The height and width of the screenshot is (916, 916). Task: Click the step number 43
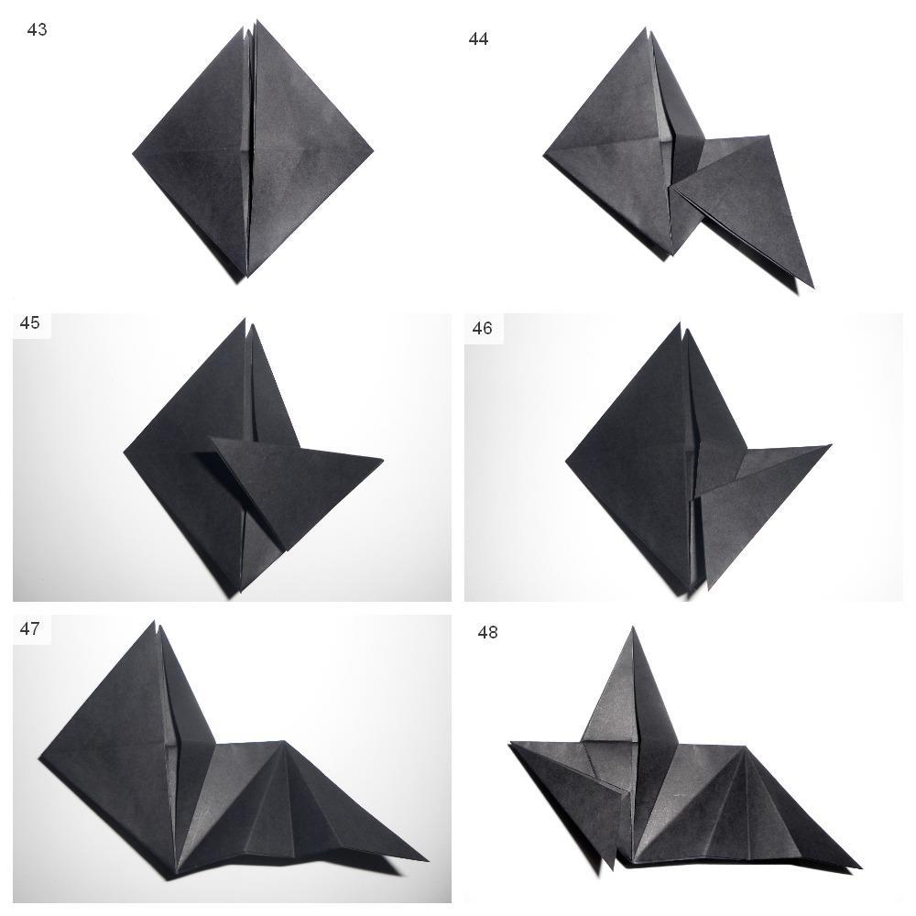(37, 30)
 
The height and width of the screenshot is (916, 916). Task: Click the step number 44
(478, 39)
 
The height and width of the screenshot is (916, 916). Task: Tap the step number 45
(30, 322)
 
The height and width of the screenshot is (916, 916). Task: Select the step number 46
(482, 328)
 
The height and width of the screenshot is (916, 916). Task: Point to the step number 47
(30, 628)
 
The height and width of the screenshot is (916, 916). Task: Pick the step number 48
(488, 632)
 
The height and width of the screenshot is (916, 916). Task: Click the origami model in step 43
(253, 152)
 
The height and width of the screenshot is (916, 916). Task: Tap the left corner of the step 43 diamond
(133, 154)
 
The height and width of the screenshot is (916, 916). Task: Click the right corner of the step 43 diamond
(373, 151)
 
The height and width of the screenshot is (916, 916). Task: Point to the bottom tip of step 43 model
(246, 278)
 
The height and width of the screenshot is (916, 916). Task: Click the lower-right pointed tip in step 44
(813, 288)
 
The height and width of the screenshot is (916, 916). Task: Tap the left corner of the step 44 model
(544, 156)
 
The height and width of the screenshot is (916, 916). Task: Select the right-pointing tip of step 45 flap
(383, 462)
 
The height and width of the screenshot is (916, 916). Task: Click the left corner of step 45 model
(124, 452)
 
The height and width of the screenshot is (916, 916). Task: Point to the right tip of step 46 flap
(831, 446)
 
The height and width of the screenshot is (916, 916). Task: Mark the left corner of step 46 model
(566, 462)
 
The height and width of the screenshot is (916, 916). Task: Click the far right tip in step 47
(428, 860)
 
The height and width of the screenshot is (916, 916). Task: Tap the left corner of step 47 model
(39, 758)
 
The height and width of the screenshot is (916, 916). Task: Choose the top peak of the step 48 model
(633, 628)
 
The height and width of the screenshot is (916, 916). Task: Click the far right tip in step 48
(862, 867)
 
